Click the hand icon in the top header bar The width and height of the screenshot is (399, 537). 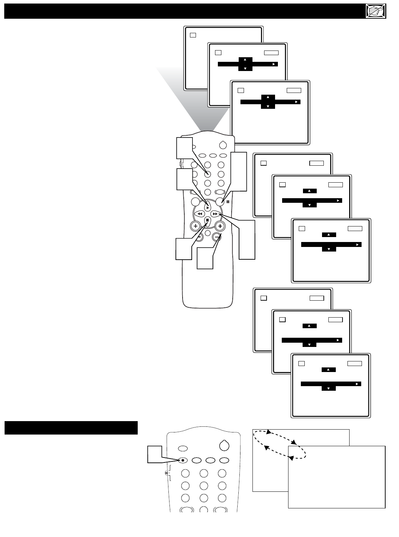coord(375,12)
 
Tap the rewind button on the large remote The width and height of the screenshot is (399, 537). coord(200,214)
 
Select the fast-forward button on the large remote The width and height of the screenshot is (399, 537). coord(215,214)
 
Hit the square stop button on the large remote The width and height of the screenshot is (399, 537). coord(208,220)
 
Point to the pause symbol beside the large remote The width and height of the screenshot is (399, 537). coord(228,202)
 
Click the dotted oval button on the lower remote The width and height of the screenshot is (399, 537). coord(183,460)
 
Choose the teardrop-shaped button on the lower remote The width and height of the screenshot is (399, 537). coord(224,445)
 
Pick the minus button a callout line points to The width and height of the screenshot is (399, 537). coord(217,237)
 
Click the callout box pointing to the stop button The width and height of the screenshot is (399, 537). coord(184,249)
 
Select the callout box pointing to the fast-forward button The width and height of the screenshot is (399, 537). coord(247,240)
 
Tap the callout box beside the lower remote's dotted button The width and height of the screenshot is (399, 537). coord(155,454)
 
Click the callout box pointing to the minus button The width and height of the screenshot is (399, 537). coord(205,258)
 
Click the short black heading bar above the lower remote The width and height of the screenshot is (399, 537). coord(71,427)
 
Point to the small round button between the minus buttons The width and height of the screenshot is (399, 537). coord(208,233)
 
